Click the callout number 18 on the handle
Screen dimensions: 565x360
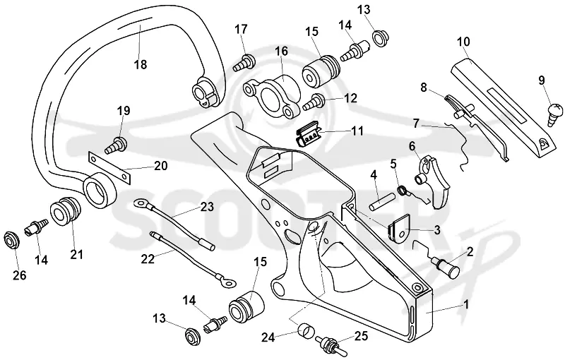pos(141,64)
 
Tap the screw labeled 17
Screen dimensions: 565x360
pos(244,63)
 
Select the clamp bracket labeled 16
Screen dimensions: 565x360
pos(272,94)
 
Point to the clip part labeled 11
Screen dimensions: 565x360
pos(307,133)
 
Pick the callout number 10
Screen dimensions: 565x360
pos(464,42)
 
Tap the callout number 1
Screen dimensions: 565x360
pos(466,305)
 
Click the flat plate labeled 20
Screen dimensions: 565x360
pos(109,167)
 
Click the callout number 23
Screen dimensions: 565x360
pos(207,207)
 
